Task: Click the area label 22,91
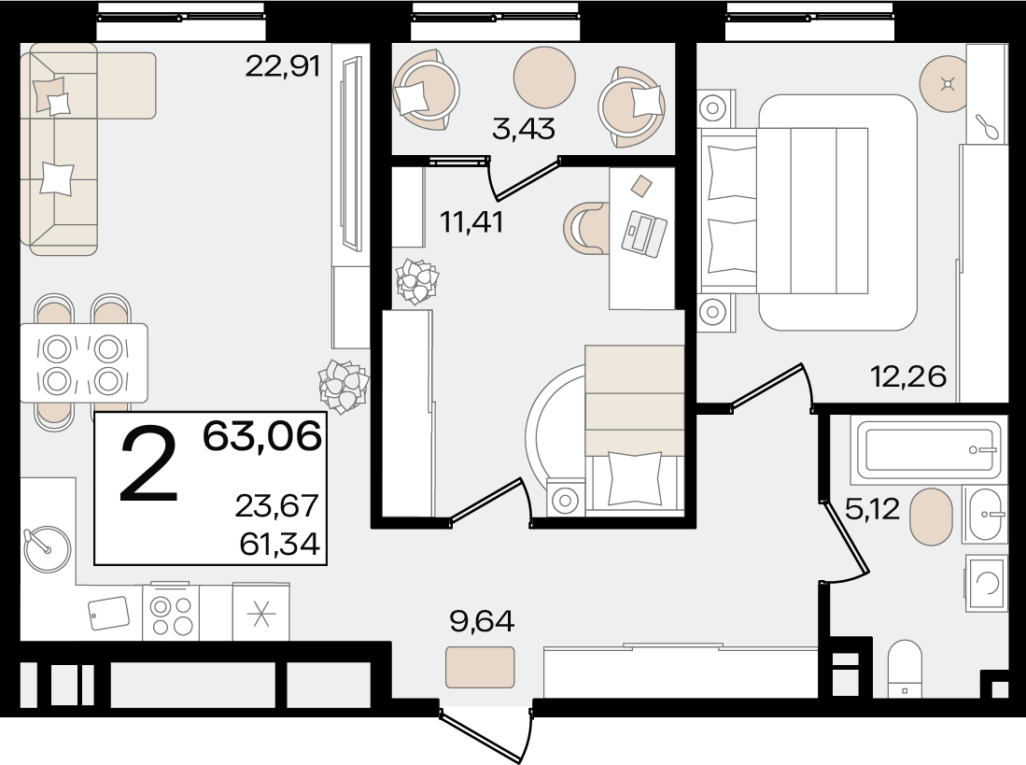283,66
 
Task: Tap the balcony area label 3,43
524,128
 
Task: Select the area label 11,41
471,222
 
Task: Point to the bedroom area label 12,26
908,376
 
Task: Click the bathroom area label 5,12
873,508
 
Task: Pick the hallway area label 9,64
483,620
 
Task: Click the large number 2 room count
149,463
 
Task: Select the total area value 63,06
262,435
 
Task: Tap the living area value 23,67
276,505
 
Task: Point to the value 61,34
279,543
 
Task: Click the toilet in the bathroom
905,668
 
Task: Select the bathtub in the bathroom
926,449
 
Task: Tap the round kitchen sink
47,549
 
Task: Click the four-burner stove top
171,613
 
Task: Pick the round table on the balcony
544,77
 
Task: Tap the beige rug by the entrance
480,667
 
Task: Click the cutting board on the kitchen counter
109,613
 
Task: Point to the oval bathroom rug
931,517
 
